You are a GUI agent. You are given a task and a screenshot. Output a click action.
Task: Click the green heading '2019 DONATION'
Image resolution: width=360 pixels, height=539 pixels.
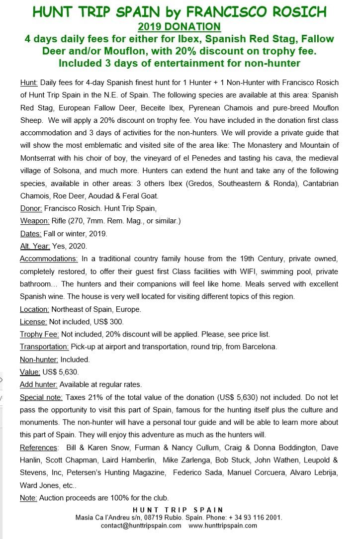[x=180, y=26]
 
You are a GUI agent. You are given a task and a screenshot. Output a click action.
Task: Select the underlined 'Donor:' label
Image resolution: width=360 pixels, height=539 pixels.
[x=34, y=208]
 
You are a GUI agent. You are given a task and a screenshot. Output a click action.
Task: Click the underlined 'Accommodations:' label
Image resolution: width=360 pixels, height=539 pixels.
[x=49, y=259]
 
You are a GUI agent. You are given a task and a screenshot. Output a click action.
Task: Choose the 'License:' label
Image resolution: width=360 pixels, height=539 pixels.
[x=33, y=322]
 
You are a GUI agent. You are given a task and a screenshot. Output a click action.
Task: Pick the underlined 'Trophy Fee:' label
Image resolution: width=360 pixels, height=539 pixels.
[x=39, y=334]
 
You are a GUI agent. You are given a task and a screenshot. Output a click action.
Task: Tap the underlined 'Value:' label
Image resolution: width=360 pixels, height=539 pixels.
[x=30, y=372]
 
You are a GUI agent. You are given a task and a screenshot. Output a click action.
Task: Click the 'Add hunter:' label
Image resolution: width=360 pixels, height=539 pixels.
[x=39, y=384]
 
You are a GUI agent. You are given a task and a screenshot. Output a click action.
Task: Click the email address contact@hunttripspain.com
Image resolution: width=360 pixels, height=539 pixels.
[x=141, y=526]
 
